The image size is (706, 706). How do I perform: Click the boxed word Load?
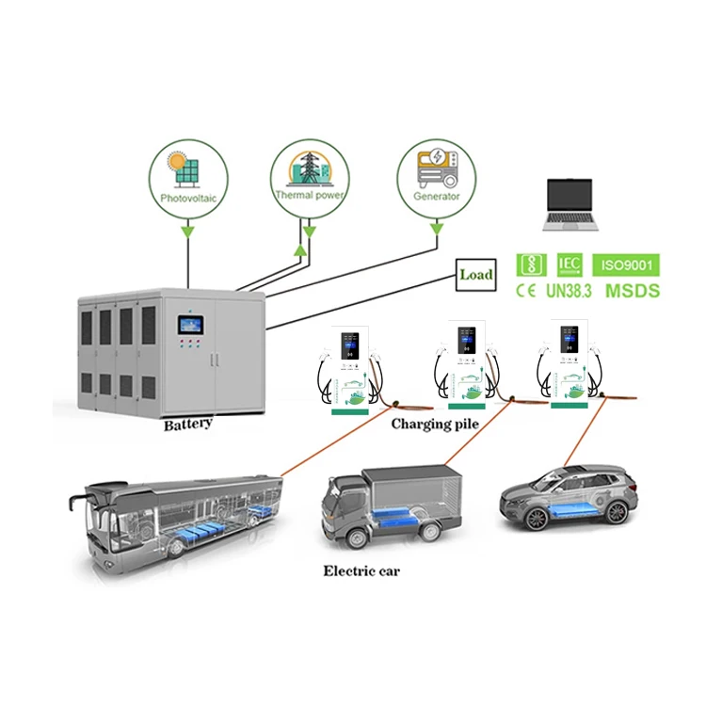point(476,276)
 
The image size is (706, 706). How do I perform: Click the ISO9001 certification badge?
point(625,264)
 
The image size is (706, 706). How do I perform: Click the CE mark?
point(524,291)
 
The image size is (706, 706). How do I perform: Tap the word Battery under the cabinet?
point(188,425)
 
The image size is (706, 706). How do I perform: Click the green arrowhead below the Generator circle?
point(436,229)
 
